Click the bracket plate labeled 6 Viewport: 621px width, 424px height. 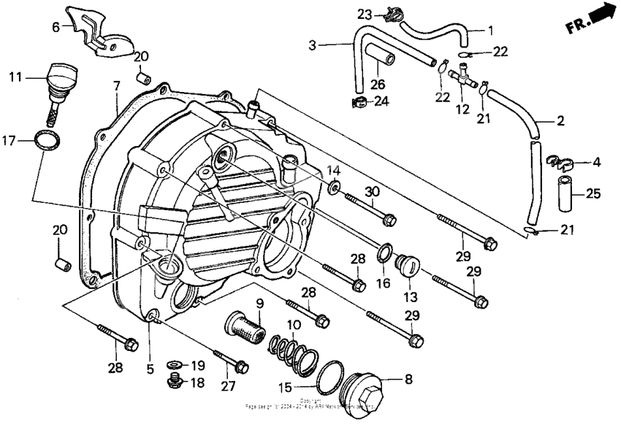click(102, 29)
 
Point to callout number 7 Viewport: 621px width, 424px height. click(116, 86)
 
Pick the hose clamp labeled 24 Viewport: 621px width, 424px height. click(358, 101)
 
